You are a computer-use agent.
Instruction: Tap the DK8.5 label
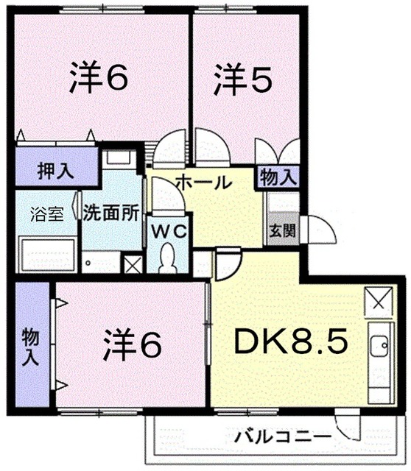[290, 342]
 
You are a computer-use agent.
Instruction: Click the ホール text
[203, 183]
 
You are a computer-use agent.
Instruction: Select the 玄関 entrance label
[281, 230]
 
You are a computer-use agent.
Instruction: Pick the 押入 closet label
[55, 172]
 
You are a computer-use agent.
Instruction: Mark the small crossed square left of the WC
[133, 264]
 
